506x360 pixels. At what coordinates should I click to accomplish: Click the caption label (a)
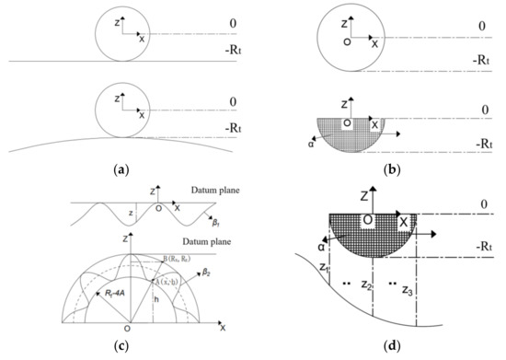point(126,170)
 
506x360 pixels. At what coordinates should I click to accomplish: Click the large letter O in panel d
point(368,220)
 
